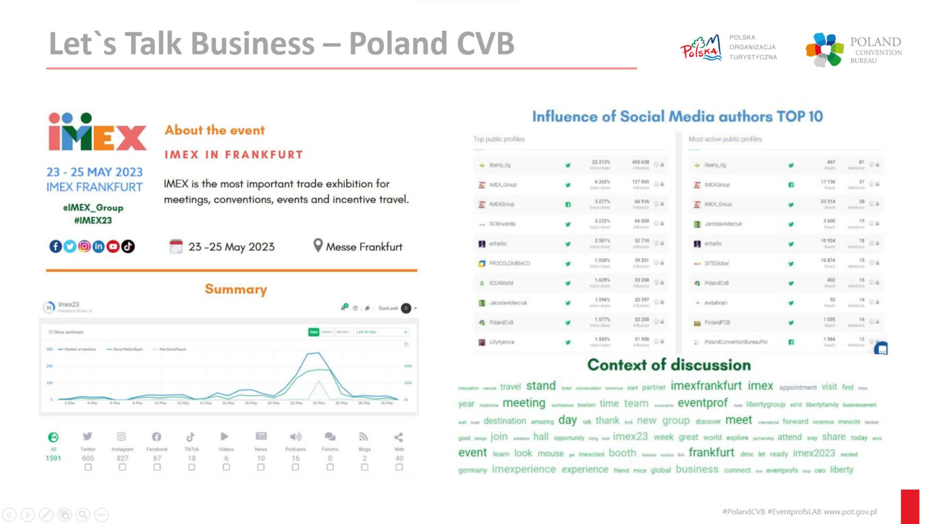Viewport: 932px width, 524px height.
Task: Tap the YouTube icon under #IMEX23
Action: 113,247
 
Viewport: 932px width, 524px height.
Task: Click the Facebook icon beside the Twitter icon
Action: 55,247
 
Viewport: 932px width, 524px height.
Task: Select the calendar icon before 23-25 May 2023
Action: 176,247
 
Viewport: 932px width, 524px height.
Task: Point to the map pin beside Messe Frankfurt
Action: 318,246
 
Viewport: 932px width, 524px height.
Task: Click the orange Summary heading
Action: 236,290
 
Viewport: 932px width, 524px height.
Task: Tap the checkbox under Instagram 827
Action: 122,467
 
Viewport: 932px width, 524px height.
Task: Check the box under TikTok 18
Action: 192,467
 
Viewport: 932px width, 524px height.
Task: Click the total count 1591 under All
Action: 53,458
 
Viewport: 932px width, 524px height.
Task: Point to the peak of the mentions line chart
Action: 318,353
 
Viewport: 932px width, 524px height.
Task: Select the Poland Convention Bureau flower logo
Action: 824,49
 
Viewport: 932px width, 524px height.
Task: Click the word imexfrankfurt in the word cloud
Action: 706,386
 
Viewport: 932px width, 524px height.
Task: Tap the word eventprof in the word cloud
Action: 703,403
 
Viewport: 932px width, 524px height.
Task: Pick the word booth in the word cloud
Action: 622,453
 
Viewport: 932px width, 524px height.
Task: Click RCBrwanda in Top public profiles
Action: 502,224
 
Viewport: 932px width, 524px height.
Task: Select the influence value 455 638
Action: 640,162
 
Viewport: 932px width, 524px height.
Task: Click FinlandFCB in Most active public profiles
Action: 717,322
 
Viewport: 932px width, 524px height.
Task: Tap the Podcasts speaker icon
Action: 295,436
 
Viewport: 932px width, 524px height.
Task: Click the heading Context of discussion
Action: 669,365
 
